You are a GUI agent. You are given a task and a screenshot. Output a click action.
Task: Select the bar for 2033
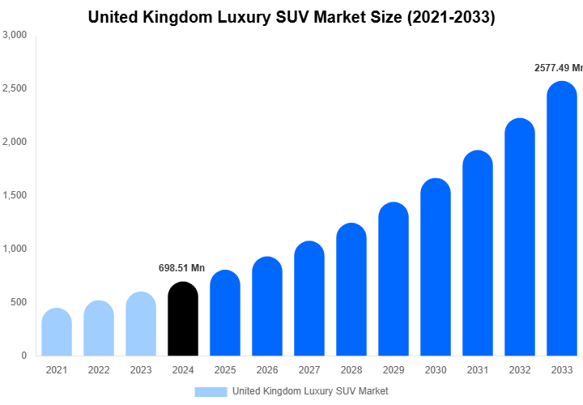coord(562,219)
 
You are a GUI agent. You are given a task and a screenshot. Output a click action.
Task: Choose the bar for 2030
coord(436,267)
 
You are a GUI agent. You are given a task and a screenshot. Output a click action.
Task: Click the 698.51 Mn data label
coord(181,268)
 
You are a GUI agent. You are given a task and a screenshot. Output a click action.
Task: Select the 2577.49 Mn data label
coord(558,69)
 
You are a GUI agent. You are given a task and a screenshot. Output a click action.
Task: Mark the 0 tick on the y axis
coord(23,356)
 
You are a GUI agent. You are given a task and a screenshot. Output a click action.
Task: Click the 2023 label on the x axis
coord(141,370)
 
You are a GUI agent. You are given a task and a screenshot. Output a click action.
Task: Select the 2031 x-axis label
coord(478,370)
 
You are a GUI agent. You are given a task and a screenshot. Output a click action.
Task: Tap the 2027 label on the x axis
coord(309,370)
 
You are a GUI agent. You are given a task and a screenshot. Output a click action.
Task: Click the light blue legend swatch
coord(211,391)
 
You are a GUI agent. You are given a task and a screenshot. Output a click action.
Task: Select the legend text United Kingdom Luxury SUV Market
coord(310,391)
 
